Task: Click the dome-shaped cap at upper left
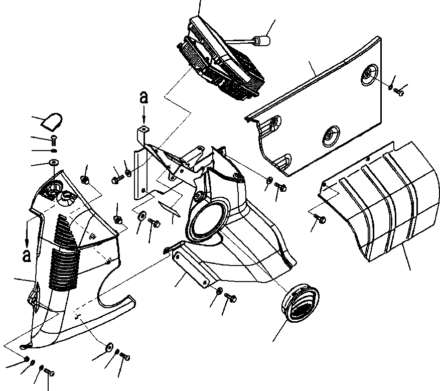tap(53, 121)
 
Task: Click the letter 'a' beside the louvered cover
tap(27, 255)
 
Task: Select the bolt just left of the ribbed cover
tap(321, 219)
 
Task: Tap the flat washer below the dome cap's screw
tap(54, 162)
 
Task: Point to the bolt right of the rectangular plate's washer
tap(231, 297)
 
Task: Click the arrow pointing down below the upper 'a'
tap(144, 116)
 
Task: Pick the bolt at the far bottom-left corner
tap(49, 372)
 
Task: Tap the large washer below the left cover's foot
tap(109, 347)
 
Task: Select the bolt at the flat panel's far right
tap(400, 92)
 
